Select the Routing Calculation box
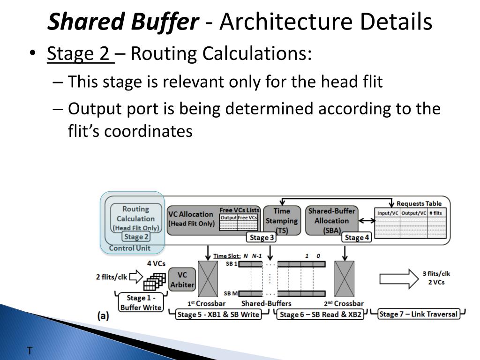[x=136, y=218]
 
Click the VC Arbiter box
[x=181, y=279]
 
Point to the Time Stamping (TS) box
[x=281, y=220]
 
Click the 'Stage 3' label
[x=262, y=238]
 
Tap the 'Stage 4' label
[x=357, y=238]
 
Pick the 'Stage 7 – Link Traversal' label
[x=419, y=314]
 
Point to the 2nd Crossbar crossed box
[x=345, y=279]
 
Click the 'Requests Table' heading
[x=419, y=203]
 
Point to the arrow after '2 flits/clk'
[x=136, y=277]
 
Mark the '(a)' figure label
[x=103, y=316]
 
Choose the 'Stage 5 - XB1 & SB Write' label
[x=218, y=314]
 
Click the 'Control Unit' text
[x=129, y=248]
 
